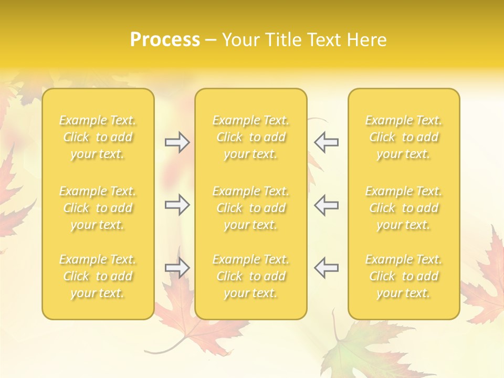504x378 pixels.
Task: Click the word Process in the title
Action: coord(165,40)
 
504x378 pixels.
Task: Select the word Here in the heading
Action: coord(367,40)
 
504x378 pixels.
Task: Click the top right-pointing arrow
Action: coord(177,142)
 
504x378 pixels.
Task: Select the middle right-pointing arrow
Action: coord(177,204)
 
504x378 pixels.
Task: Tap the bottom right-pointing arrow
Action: coord(177,268)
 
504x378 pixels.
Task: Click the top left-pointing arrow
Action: coord(327,142)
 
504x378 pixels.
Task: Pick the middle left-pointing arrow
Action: coord(327,204)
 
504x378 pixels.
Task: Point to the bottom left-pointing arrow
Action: coord(327,268)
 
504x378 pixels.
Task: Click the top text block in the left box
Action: coord(98,137)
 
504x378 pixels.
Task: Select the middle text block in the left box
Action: coord(98,208)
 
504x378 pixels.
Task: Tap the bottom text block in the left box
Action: coord(98,276)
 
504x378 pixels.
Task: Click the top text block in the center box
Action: coord(251,137)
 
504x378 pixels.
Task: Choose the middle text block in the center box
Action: coord(251,208)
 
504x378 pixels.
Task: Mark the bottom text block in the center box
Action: coord(251,276)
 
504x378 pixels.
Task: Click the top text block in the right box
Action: coord(404,137)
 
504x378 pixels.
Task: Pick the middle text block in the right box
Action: coord(404,208)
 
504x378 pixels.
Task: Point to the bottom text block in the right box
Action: coord(404,276)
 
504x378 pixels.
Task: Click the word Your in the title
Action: coord(239,40)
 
